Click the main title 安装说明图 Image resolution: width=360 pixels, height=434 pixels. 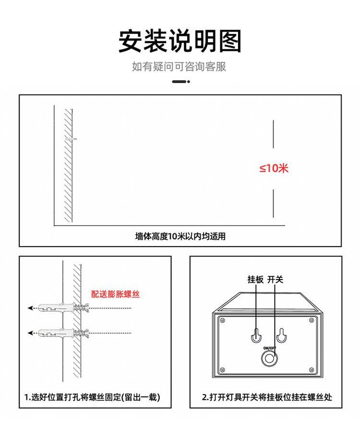[x=180, y=41]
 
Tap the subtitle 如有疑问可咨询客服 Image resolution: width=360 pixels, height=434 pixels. [x=179, y=67]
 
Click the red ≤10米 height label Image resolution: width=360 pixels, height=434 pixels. [x=274, y=168]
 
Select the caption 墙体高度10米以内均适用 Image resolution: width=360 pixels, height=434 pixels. [x=180, y=236]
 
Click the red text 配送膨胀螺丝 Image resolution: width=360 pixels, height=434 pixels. [x=115, y=294]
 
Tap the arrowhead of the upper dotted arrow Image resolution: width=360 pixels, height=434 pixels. [x=30, y=308]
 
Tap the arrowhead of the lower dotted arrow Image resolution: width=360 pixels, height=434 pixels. [x=30, y=332]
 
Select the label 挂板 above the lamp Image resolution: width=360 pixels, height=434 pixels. [x=255, y=279]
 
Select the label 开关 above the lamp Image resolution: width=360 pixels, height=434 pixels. [x=275, y=279]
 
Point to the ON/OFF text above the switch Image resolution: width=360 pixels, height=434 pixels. [x=269, y=348]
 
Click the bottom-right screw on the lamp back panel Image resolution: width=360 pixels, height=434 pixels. [x=311, y=369]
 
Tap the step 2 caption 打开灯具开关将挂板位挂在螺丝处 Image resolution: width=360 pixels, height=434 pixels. [x=266, y=397]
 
